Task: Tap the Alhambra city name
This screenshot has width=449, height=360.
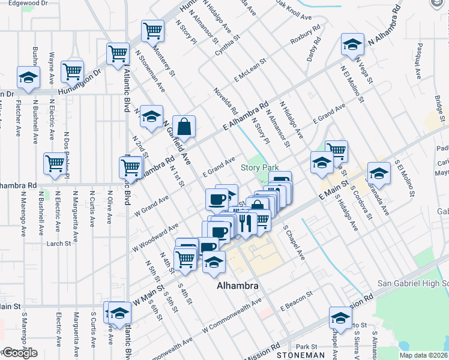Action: [x=238, y=286]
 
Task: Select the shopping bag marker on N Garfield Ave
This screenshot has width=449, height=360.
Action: [x=185, y=127]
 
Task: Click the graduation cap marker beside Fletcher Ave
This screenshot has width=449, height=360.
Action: [x=28, y=78]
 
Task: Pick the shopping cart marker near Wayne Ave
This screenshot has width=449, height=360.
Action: [x=73, y=71]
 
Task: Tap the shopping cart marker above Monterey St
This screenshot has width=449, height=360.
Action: [x=153, y=31]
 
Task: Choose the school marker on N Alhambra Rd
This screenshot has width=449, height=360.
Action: [x=352, y=44]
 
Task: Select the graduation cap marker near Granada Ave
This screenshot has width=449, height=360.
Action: [x=379, y=173]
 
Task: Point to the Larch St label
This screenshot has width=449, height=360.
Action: [x=59, y=244]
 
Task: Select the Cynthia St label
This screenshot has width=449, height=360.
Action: [x=228, y=46]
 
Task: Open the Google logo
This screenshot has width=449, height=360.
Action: [x=20, y=353]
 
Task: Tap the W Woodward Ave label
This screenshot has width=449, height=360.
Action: [x=155, y=237]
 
